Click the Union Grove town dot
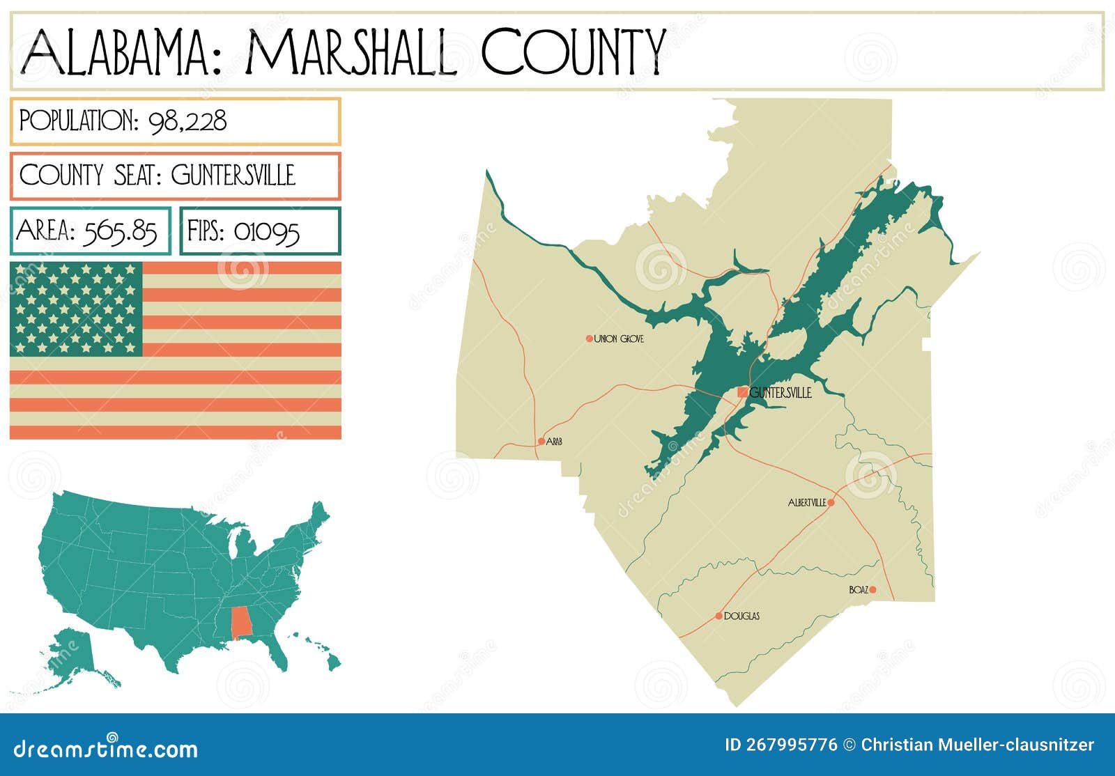pos(589,339)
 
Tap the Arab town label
pos(554,442)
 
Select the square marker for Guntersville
pos(743,393)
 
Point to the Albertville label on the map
pos(807,503)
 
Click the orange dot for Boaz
pos(872,590)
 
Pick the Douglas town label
pos(741,616)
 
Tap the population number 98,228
pos(187,121)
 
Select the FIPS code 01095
pos(266,231)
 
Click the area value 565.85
pos(119,231)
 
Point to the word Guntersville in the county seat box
pos(233,175)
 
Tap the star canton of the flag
pos(76,309)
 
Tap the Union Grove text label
pos(619,339)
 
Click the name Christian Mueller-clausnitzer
pos(977,745)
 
